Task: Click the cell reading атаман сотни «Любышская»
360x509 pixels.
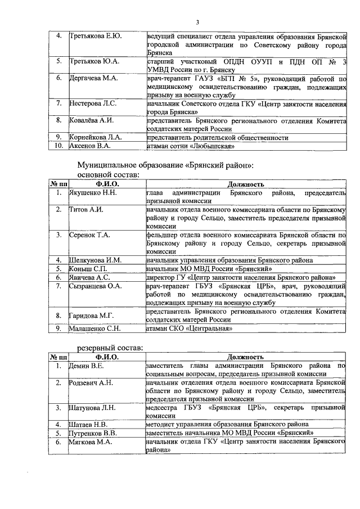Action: [190, 146]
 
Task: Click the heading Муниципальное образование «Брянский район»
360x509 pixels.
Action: [165, 166]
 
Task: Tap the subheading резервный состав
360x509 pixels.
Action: [110, 348]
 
